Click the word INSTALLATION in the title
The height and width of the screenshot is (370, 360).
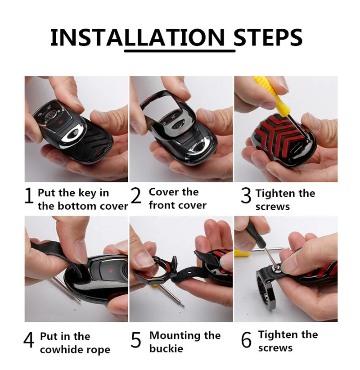(x=137, y=37)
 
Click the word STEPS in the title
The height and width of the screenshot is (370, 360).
(x=268, y=37)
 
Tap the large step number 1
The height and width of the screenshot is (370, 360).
(x=29, y=196)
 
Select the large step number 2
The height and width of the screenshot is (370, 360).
(x=135, y=195)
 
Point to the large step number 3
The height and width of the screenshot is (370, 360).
(x=246, y=196)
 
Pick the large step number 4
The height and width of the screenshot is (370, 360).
(x=29, y=340)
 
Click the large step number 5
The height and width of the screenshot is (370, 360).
(x=135, y=340)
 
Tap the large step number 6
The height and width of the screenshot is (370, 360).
(x=246, y=340)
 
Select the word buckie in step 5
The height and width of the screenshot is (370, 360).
(x=166, y=349)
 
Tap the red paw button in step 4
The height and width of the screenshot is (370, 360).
(x=111, y=270)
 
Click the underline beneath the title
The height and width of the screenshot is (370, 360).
(x=180, y=51)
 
